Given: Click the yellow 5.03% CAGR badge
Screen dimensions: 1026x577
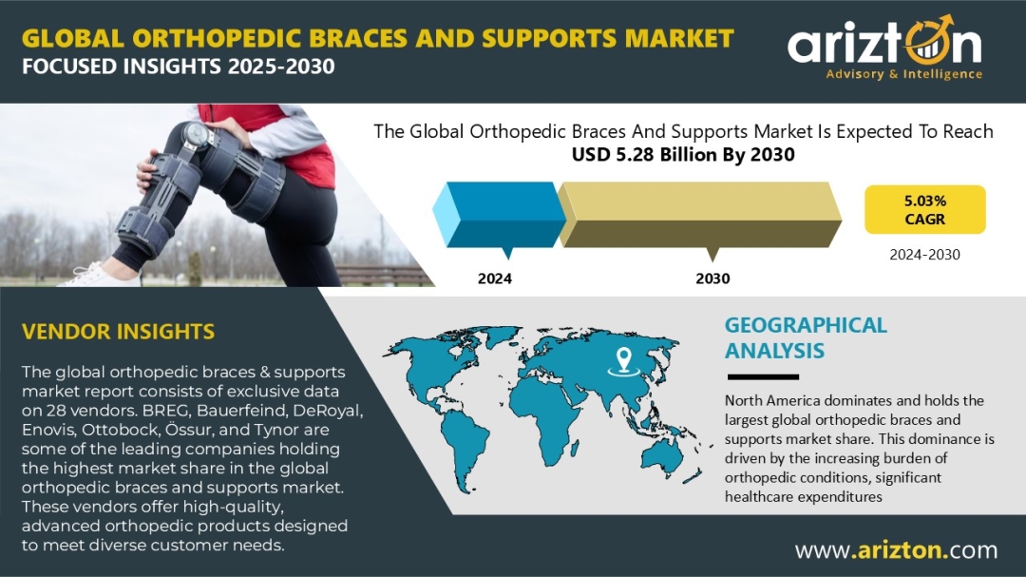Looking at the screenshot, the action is pos(924,209).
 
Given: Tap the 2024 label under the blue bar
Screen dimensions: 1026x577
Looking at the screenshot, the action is pos(495,279).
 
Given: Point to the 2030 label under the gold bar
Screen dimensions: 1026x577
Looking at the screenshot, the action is pos(712,279).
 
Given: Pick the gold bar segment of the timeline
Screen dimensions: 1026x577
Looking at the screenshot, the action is pos(699,214).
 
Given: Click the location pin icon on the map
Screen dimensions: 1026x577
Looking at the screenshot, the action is pos(623,361).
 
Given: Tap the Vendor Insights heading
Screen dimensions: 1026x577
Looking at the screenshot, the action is pos(118,332).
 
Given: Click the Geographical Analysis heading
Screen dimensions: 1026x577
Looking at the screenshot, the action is pos(806,338).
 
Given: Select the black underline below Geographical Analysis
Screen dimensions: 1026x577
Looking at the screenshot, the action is pos(763,377).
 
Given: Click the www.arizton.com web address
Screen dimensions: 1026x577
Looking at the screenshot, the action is pos(896,550).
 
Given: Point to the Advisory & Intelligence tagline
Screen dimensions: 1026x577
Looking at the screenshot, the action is pos(903,74).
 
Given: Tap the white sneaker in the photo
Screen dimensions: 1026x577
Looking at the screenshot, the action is pos(98,275).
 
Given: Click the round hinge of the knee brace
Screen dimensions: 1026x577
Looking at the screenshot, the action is pos(196,134).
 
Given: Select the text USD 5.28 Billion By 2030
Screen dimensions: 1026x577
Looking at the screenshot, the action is pos(683,155).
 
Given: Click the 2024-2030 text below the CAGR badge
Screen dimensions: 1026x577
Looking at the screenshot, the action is pos(924,255).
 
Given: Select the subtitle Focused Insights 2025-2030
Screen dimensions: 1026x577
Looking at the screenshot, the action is pos(178,67).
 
